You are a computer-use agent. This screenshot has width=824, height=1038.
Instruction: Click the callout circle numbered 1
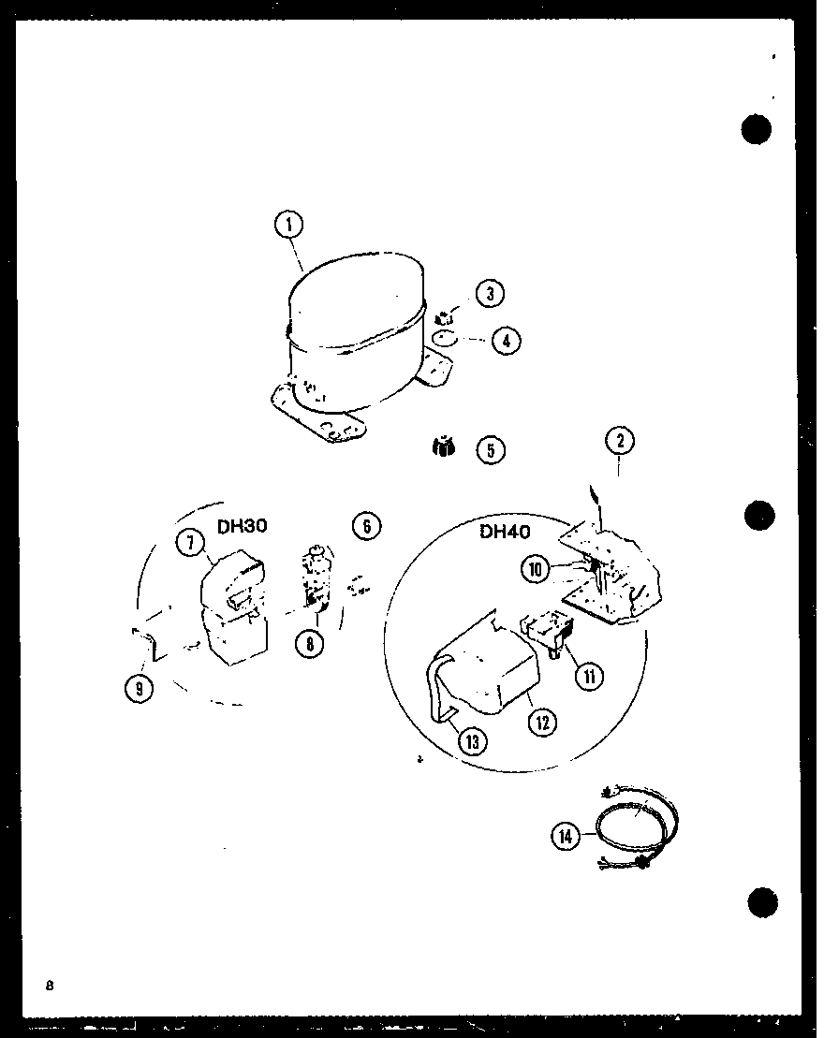click(290, 225)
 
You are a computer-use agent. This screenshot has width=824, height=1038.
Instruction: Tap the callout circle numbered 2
click(619, 442)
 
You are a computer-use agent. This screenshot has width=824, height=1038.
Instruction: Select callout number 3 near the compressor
click(489, 294)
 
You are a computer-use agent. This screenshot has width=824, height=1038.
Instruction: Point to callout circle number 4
click(506, 341)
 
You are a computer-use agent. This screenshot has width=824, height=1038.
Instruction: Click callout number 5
click(490, 450)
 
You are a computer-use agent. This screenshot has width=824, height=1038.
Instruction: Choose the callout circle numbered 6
click(366, 526)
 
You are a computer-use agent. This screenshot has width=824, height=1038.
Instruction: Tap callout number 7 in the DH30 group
click(191, 542)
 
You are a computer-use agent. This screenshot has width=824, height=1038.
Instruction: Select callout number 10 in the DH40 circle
click(537, 569)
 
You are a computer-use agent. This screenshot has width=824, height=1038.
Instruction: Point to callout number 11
click(590, 676)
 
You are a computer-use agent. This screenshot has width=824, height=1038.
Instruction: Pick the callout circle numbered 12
click(543, 722)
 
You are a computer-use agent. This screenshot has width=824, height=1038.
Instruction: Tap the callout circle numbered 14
click(566, 836)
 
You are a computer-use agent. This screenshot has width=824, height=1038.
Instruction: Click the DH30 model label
click(243, 527)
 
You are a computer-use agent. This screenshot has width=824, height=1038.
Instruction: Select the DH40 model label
click(506, 533)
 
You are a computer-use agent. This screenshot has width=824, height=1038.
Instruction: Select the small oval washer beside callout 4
click(448, 339)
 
